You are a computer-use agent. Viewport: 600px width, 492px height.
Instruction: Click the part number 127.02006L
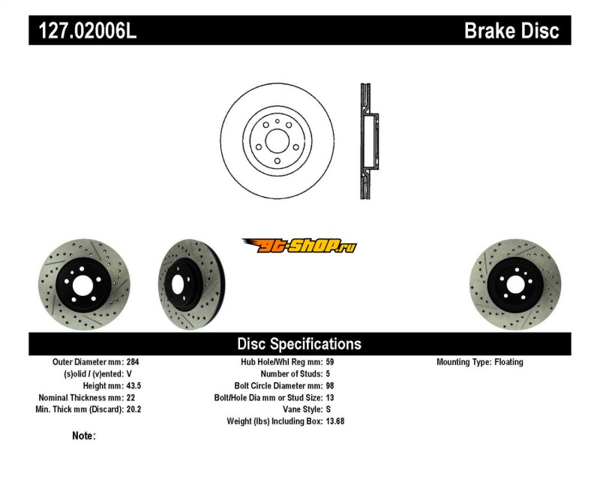(88, 31)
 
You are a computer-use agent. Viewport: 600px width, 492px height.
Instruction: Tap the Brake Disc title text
(511, 31)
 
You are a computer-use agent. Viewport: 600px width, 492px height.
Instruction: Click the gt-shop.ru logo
(299, 246)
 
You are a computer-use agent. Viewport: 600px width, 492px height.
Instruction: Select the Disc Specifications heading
(299, 344)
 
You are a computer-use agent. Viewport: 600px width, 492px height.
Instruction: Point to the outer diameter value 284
(133, 362)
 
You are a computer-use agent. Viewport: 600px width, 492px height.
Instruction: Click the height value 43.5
(134, 386)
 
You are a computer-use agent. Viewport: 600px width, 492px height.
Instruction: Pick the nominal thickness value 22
(130, 398)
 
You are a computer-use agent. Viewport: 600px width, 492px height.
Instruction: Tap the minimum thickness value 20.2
(134, 409)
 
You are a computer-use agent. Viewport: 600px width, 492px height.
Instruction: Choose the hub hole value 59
(330, 362)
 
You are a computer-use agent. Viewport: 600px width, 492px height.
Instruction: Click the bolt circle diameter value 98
(330, 386)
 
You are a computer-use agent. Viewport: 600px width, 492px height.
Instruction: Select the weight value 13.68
(335, 421)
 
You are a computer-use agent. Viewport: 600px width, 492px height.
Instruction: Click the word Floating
(508, 362)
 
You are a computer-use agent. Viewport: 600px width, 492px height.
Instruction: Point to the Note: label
(84, 436)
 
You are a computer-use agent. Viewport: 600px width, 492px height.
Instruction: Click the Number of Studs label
(292, 374)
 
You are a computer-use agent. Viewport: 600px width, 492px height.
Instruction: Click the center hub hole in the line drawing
(277, 141)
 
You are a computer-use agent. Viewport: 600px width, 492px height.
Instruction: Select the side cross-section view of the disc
(369, 141)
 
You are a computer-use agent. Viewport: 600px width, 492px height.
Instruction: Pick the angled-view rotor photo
(192, 285)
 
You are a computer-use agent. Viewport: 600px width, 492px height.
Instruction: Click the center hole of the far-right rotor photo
(515, 286)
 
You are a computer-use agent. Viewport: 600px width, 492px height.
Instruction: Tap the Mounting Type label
(463, 362)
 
